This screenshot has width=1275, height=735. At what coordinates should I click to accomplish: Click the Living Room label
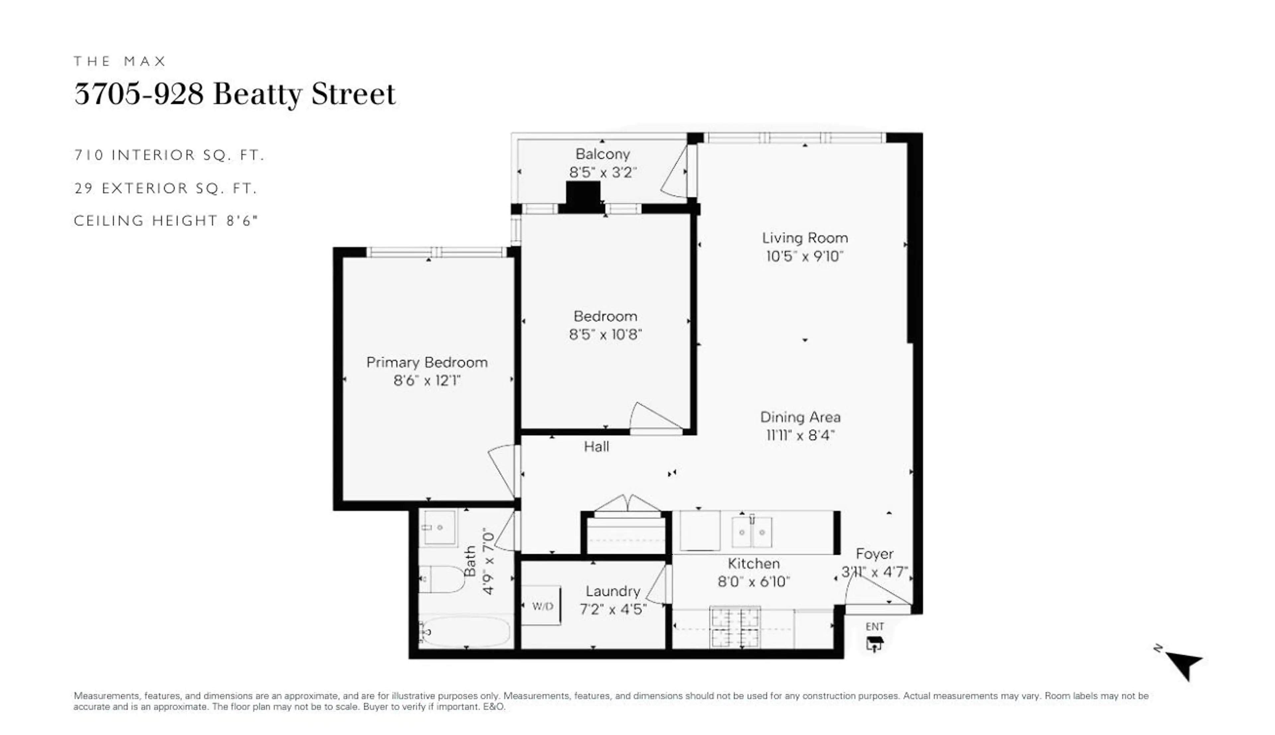[805, 238]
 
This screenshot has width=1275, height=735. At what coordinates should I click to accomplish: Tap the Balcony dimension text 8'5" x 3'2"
[602, 172]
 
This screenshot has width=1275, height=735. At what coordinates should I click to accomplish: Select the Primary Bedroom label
[427, 362]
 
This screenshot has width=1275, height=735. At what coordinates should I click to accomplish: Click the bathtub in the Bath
[465, 630]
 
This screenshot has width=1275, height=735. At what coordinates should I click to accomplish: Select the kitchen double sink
[751, 532]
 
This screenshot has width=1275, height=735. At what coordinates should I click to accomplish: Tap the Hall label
[596, 446]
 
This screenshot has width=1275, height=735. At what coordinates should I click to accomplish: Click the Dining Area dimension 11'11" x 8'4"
[800, 435]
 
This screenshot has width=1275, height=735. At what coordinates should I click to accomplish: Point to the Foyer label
[875, 554]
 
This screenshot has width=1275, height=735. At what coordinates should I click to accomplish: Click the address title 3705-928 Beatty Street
[235, 94]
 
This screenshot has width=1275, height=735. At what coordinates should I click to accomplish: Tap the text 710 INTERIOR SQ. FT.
[169, 155]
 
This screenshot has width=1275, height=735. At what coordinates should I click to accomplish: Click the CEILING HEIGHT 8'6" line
[166, 221]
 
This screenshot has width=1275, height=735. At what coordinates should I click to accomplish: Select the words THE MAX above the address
[120, 61]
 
